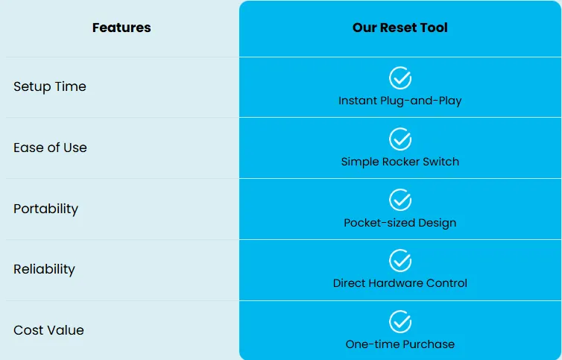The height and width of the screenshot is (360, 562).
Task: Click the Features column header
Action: coord(121,28)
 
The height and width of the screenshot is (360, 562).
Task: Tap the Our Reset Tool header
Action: coord(400,28)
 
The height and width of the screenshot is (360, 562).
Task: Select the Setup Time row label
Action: coord(50,86)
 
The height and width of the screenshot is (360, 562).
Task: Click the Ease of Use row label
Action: coord(50,148)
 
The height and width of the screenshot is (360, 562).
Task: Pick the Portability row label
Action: coord(46,209)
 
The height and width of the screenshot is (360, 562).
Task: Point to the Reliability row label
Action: coord(45,269)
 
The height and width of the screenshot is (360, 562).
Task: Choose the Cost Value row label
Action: coord(48,330)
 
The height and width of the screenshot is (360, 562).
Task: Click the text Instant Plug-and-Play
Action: coord(400,101)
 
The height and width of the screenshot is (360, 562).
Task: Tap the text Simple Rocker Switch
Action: coord(400,162)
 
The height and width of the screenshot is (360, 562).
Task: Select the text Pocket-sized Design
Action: coord(400,223)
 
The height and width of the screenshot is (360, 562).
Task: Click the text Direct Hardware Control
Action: coord(400,283)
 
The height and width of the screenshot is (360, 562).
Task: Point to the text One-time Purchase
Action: coord(400,344)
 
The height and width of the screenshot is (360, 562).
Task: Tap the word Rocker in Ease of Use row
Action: coord(401,162)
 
